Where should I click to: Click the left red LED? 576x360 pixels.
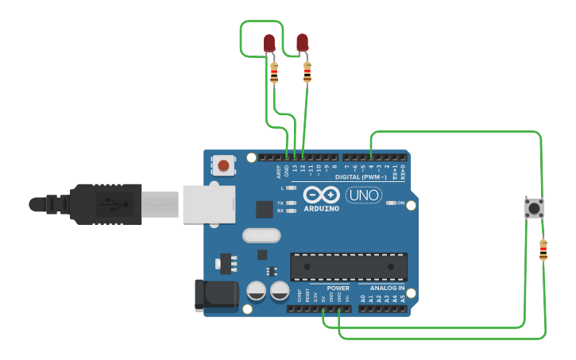coord(269,43)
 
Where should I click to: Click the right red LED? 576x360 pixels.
coord(302,42)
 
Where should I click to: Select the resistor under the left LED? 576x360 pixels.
coord(274,74)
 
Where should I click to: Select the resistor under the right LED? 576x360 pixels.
coord(307,72)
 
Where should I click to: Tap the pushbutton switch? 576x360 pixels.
coord(534,208)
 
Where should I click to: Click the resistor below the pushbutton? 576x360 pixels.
coord(543,250)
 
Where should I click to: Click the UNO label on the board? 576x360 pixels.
coord(363,195)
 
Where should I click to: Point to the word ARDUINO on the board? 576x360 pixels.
coord(321,209)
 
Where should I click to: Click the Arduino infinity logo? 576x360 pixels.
coord(321,195)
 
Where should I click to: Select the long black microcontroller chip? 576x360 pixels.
coord(349,266)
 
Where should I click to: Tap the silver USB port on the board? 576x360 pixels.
coord(210,203)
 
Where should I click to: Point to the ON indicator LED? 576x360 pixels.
coord(390,203)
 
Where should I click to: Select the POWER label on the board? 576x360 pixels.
coord(338,288)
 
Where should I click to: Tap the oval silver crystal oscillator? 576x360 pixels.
coord(261,235)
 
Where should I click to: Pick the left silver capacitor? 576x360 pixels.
coord(256,291)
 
